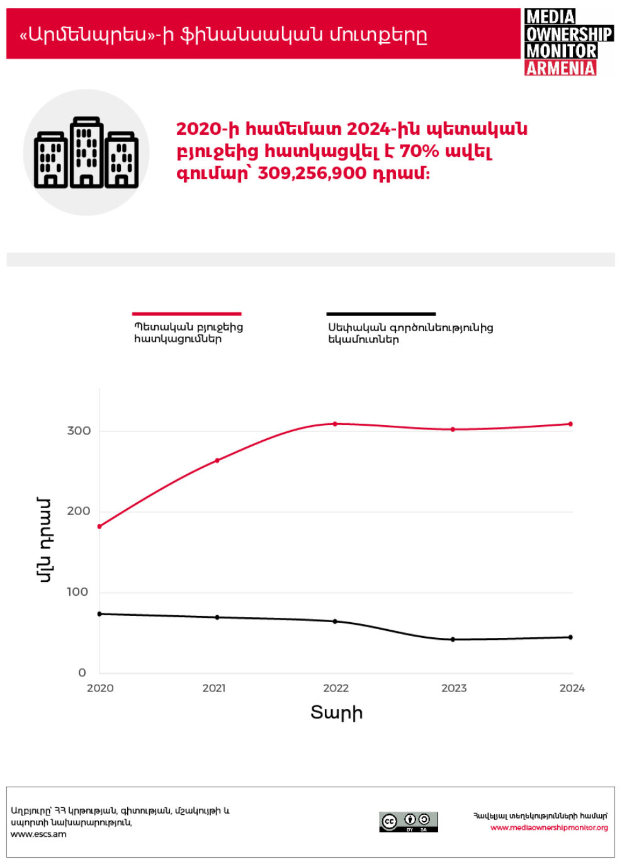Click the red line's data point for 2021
click(217, 460)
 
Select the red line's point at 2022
click(335, 424)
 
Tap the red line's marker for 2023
click(453, 429)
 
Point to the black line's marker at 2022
click(335, 622)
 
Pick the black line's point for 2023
click(453, 640)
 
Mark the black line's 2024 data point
click(571, 637)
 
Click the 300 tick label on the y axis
click(79, 431)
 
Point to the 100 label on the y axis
click(77, 592)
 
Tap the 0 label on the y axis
click(82, 673)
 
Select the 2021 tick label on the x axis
click(214, 688)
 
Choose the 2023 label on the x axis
click(454, 688)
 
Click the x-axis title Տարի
click(337, 713)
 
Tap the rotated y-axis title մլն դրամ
click(44, 540)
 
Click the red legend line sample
click(186, 314)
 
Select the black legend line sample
click(381, 314)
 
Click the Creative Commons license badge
click(408, 822)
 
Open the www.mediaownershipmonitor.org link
click(549, 827)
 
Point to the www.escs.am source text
click(38, 834)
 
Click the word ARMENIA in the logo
click(560, 68)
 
